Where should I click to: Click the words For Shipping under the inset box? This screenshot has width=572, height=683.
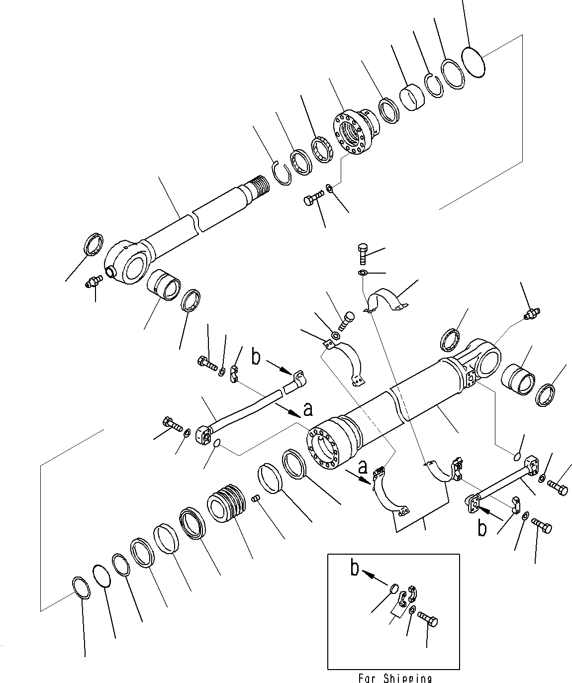pos(394,678)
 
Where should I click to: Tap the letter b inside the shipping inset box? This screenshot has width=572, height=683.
pos(355,568)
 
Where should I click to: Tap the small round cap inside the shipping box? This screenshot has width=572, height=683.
pos(393,589)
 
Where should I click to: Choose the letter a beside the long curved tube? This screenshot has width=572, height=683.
pos(308,409)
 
